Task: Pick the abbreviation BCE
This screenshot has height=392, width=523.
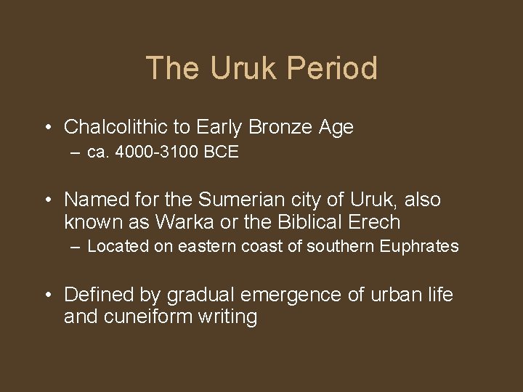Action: coord(222,153)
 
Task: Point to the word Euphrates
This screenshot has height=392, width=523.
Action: coord(419,246)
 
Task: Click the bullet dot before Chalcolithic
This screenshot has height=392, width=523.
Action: coord(46,128)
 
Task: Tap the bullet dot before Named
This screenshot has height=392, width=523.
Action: coord(46,200)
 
